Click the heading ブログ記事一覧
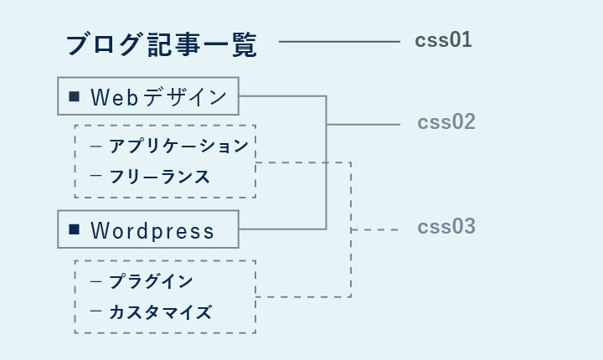[161, 45]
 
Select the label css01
[443, 40]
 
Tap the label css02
[446, 122]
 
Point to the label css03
[446, 227]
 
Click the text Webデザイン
[158, 97]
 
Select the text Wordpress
[152, 230]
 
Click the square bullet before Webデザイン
[74, 97]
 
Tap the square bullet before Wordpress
[74, 229]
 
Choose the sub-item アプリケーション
[178, 147]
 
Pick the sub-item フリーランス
[159, 177]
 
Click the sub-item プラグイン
[151, 282]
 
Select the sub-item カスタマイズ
[160, 313]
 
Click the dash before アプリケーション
[95, 147]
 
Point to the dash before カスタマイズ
[95, 312]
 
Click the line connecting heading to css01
[339, 41]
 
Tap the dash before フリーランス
[95, 177]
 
